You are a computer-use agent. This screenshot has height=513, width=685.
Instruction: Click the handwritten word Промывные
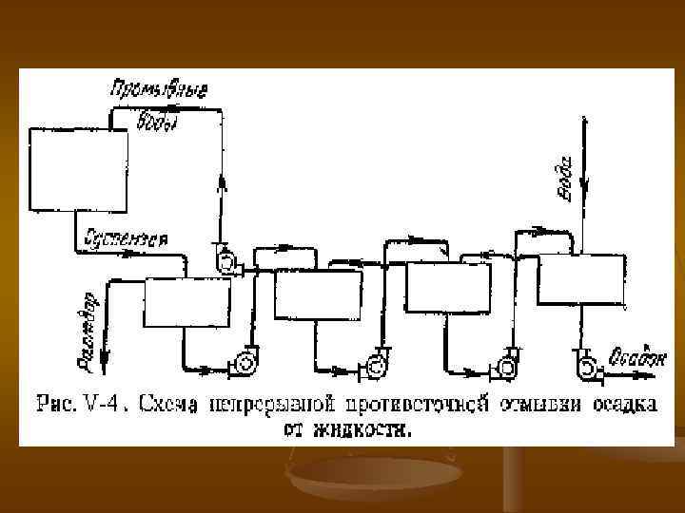click(x=160, y=91)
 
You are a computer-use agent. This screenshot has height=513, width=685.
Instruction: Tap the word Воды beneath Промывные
click(x=158, y=121)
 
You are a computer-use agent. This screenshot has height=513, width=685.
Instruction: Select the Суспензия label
click(x=127, y=237)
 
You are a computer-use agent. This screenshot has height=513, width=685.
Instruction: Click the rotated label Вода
click(x=562, y=177)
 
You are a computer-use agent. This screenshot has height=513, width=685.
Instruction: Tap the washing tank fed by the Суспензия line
click(x=187, y=303)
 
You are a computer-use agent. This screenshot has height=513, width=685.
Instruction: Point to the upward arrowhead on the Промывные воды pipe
click(x=224, y=184)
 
